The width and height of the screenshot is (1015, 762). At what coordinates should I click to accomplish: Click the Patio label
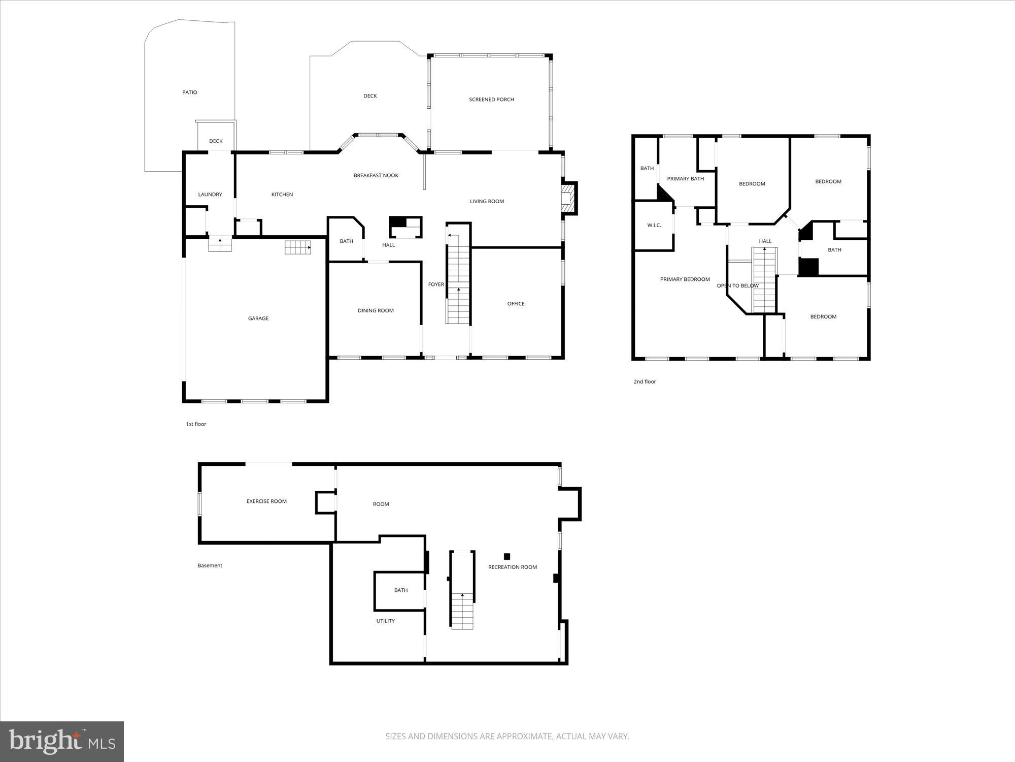(189, 92)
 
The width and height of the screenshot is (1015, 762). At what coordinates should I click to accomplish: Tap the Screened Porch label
(491, 100)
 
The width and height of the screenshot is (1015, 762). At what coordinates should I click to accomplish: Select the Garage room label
(258, 319)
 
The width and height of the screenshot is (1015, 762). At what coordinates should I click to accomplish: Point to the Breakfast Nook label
(376, 176)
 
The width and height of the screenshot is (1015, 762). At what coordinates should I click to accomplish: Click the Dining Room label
(376, 311)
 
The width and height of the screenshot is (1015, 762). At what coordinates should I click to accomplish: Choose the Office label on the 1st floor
(516, 304)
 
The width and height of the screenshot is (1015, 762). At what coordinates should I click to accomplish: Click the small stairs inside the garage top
(297, 247)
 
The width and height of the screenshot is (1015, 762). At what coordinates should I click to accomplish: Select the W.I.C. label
(654, 225)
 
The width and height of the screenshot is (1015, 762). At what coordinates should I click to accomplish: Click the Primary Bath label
(685, 179)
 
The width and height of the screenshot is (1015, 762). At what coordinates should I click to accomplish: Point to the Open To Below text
(737, 286)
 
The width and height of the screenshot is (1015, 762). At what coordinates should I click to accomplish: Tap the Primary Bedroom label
(685, 279)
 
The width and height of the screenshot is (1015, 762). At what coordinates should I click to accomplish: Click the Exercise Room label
(266, 501)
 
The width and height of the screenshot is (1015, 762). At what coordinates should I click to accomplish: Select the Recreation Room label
(512, 567)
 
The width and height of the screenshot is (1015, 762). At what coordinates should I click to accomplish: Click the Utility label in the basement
(385, 621)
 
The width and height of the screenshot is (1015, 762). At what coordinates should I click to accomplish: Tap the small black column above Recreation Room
(506, 556)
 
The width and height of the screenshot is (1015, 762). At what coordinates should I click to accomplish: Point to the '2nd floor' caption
(645, 382)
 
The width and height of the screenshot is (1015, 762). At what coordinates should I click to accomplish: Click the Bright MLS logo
(62, 741)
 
